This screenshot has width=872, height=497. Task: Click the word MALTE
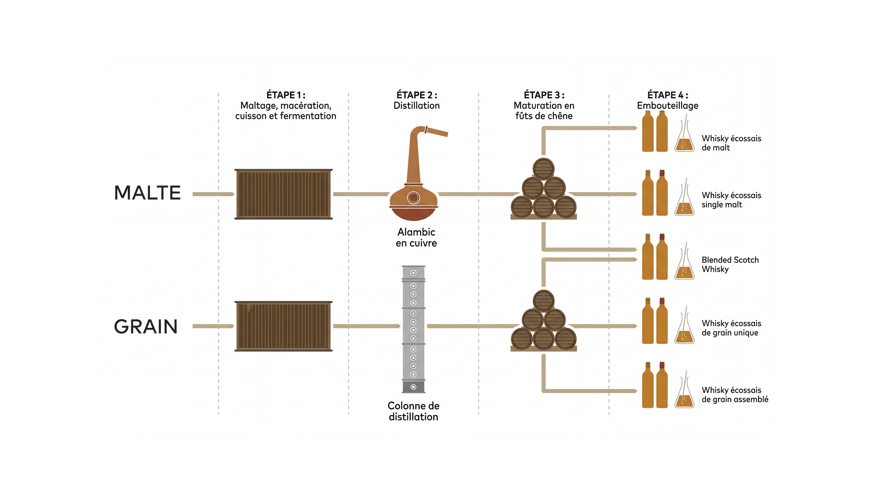pyautogui.click(x=147, y=193)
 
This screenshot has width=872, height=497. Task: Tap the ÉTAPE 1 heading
pyautogui.click(x=285, y=95)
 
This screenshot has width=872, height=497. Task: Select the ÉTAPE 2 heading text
pyautogui.click(x=416, y=95)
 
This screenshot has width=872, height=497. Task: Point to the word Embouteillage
pyautogui.click(x=667, y=106)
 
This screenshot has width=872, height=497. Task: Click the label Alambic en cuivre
pyautogui.click(x=416, y=238)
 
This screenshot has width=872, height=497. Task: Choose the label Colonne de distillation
pyautogui.click(x=413, y=411)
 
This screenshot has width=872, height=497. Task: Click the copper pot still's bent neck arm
pyautogui.click(x=437, y=131)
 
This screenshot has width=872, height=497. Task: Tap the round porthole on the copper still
pyautogui.click(x=413, y=198)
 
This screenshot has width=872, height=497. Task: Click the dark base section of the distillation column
pyautogui.click(x=413, y=387)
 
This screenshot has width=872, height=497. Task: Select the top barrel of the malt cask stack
pyautogui.click(x=543, y=168)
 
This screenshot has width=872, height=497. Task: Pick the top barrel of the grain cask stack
pyautogui.click(x=543, y=300)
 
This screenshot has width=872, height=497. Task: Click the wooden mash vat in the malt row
pyautogui.click(x=283, y=194)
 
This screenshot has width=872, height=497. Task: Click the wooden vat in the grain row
pyautogui.click(x=283, y=326)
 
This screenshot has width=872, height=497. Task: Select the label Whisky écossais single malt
pyautogui.click(x=731, y=200)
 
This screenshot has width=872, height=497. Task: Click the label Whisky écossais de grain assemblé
pyautogui.click(x=735, y=395)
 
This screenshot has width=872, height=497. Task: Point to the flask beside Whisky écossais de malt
pyautogui.click(x=684, y=138)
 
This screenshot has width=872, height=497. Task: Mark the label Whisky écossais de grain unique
pyautogui.click(x=731, y=328)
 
